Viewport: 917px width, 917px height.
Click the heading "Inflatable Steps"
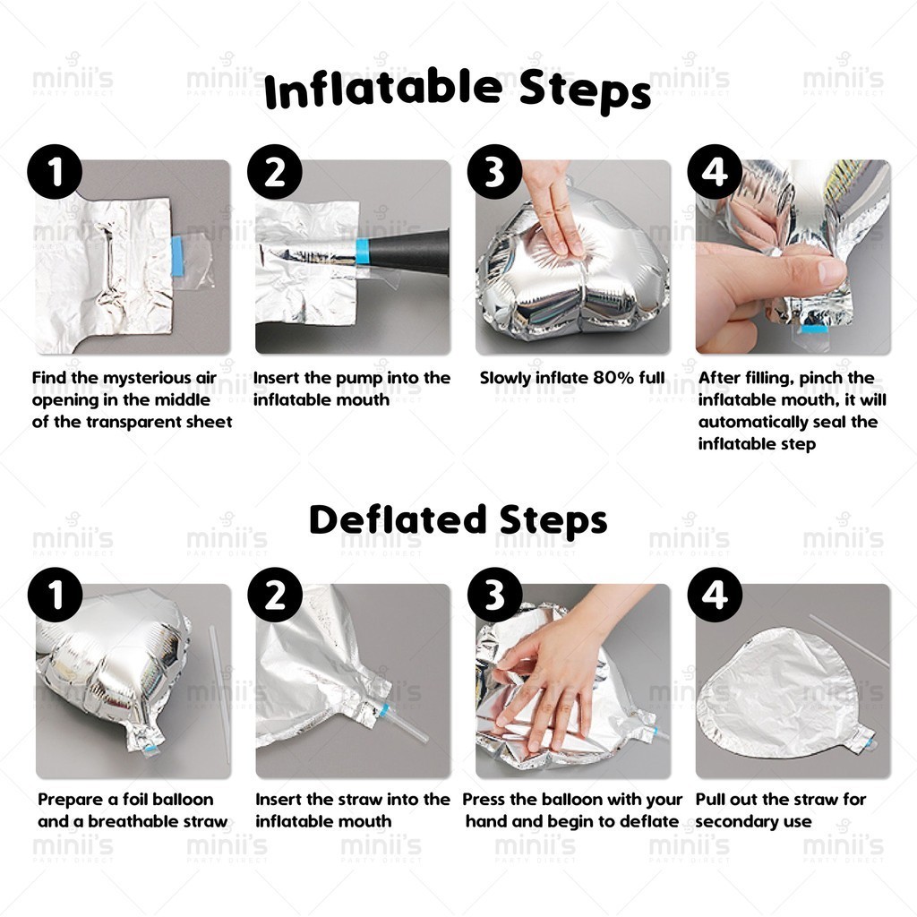[458, 90]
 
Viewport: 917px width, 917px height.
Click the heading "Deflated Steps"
[458, 520]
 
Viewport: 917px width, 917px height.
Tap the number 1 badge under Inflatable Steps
[55, 172]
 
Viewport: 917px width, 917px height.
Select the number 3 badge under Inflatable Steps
[494, 172]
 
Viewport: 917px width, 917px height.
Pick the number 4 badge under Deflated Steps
[715, 596]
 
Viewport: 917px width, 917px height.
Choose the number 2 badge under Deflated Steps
[275, 596]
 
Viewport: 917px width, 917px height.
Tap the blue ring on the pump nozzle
[362, 252]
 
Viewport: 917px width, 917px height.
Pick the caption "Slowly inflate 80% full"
[572, 378]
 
